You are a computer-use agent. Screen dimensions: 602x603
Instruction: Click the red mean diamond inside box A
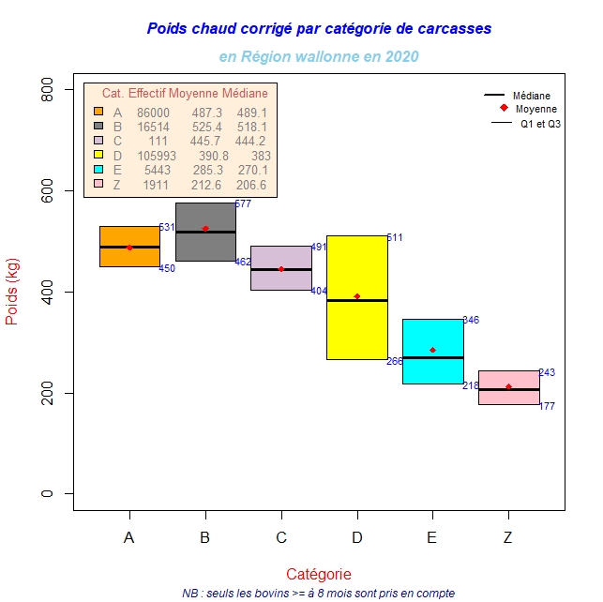[129, 248]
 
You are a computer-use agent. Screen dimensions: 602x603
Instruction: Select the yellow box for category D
[356, 328]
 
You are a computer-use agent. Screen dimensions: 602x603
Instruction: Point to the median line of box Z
[508, 389]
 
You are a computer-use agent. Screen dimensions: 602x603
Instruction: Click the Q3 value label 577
[243, 204]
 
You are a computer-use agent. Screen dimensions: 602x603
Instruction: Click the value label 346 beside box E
[471, 321]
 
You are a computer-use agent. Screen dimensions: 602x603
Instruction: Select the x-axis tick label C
[281, 537]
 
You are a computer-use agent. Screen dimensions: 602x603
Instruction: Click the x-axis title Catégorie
[319, 574]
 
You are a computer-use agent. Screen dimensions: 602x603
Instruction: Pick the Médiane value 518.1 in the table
[252, 127]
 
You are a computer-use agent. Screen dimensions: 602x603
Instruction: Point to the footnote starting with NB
[319, 593]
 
